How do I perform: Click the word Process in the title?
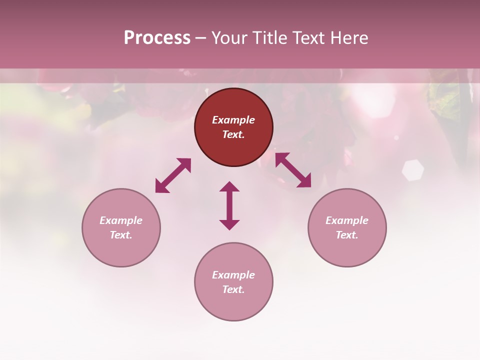pyautogui.click(x=157, y=38)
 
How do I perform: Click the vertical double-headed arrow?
pyautogui.click(x=229, y=205)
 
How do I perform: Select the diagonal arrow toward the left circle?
pyautogui.click(x=173, y=175)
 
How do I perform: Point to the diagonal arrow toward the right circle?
pyautogui.click(x=293, y=170)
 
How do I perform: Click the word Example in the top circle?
pyautogui.click(x=233, y=120)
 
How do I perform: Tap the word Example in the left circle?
pyautogui.click(x=121, y=220)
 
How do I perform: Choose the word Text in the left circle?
pyautogui.click(x=121, y=235)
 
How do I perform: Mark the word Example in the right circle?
pyautogui.click(x=347, y=220)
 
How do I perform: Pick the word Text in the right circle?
pyautogui.click(x=347, y=235)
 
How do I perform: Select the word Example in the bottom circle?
pyautogui.click(x=233, y=275)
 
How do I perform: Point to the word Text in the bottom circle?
pyautogui.click(x=233, y=290)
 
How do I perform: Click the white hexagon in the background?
pyautogui.click(x=412, y=170)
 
